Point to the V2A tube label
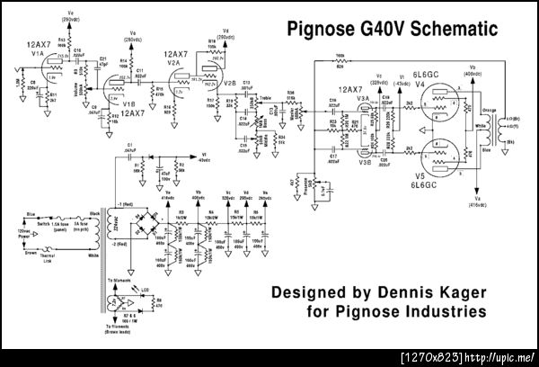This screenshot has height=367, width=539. click(177, 63)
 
